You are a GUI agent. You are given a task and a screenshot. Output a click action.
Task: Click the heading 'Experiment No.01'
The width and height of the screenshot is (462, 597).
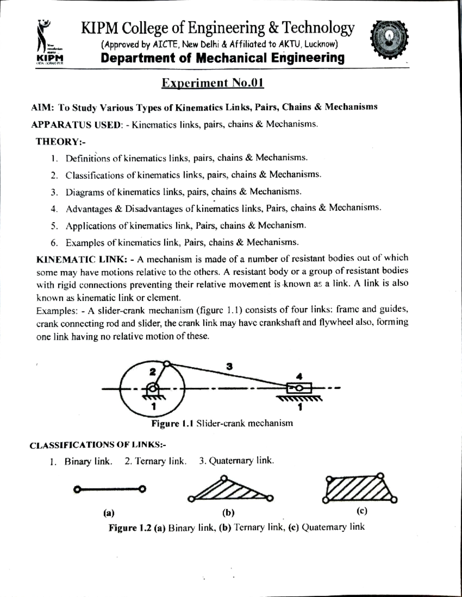click(213, 83)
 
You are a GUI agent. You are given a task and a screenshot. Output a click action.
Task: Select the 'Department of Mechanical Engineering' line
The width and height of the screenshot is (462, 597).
click(223, 58)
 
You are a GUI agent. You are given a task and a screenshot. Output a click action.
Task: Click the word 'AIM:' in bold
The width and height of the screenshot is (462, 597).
click(42, 107)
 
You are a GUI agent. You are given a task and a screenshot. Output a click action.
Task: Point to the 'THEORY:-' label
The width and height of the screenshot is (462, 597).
click(60, 142)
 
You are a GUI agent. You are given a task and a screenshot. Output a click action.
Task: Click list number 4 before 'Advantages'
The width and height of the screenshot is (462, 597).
click(54, 209)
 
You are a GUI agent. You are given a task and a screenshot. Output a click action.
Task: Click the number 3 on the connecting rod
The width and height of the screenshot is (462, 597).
click(229, 366)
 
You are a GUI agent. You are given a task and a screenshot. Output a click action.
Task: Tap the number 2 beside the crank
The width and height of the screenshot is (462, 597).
click(152, 372)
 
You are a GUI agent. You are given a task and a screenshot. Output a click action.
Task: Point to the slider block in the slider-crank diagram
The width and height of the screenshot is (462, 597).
click(299, 388)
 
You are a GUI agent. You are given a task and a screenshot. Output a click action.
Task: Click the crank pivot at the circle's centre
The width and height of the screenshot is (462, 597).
click(153, 388)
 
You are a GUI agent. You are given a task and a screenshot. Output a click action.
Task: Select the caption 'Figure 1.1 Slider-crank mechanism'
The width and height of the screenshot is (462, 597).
click(222, 424)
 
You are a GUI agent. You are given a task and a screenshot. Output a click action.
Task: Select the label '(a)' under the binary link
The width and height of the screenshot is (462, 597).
click(109, 513)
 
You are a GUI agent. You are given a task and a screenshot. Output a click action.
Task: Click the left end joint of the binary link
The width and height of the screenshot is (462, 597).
click(77, 490)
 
